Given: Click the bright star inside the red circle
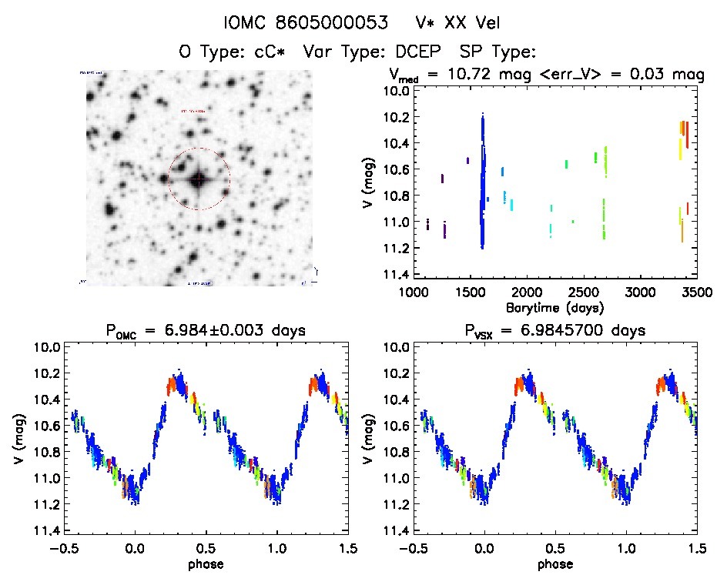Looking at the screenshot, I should point(199,179).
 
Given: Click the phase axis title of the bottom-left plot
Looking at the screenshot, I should point(204,564).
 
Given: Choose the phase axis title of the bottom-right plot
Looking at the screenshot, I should point(554,564).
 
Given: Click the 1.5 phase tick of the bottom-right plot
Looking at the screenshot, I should point(696,549).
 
